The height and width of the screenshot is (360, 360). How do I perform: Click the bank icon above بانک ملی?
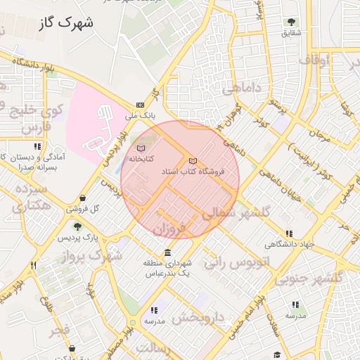point(139,104)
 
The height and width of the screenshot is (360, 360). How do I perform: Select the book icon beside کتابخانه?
point(141,148)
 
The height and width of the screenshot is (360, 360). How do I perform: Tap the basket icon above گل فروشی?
point(84,199)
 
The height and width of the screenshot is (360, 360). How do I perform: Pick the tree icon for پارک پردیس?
point(78,226)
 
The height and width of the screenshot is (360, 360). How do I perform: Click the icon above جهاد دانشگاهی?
point(289,234)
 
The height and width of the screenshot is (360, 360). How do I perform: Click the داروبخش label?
point(198,318)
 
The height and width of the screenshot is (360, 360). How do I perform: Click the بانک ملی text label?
point(139,115)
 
